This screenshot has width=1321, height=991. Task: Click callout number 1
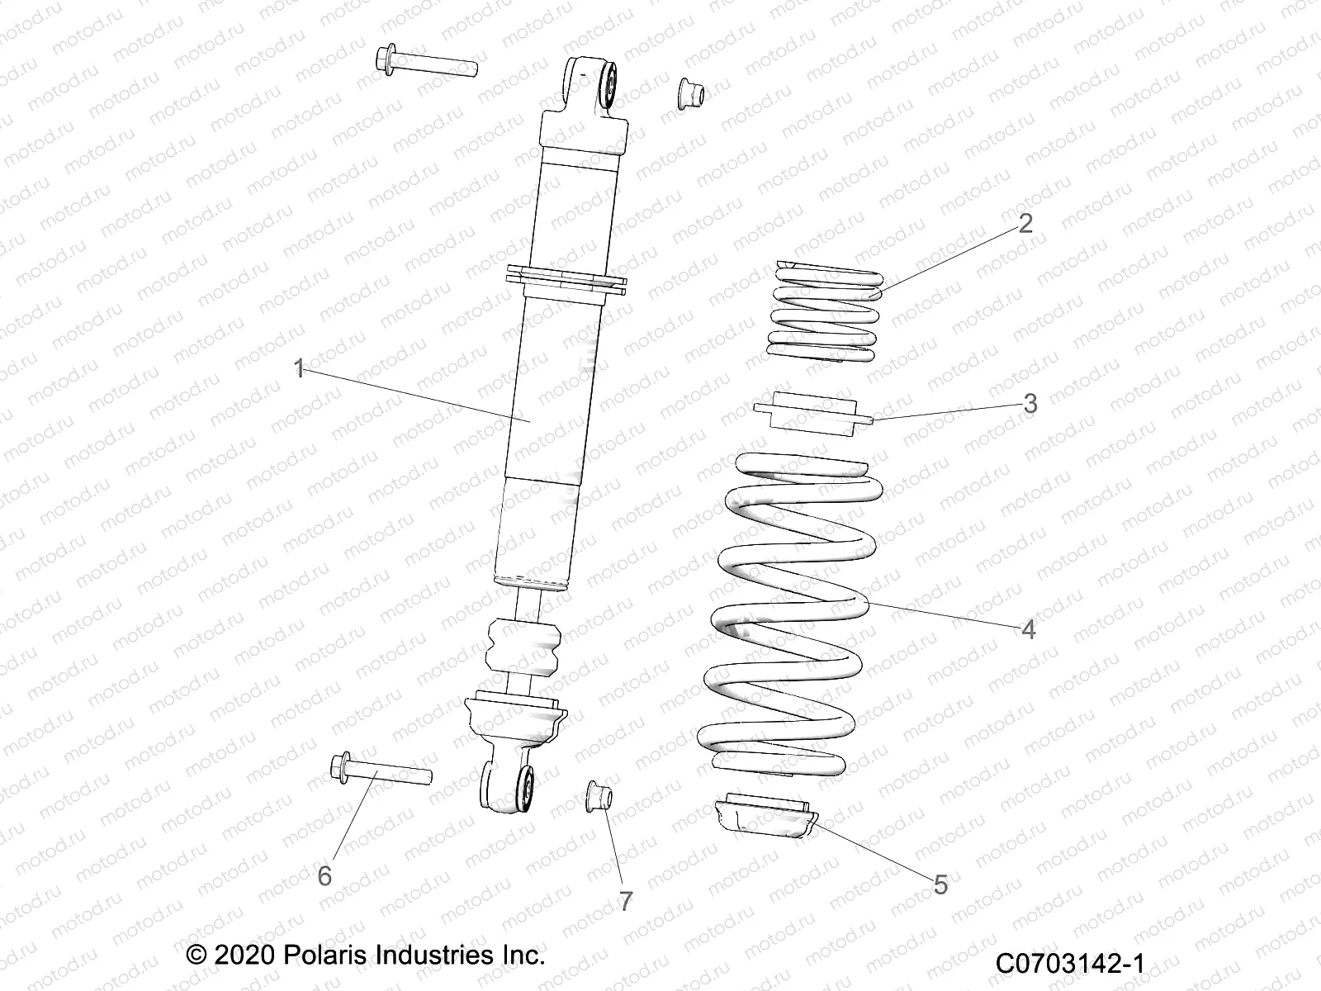(300, 368)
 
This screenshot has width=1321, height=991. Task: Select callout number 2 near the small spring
(1025, 224)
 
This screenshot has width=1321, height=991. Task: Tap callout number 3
(1030, 404)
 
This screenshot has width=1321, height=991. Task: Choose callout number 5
(941, 886)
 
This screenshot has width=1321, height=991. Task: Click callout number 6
(324, 875)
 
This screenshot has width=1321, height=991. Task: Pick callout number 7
(626, 902)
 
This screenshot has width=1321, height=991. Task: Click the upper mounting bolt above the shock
(426, 64)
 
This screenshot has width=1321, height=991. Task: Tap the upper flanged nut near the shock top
(689, 93)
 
